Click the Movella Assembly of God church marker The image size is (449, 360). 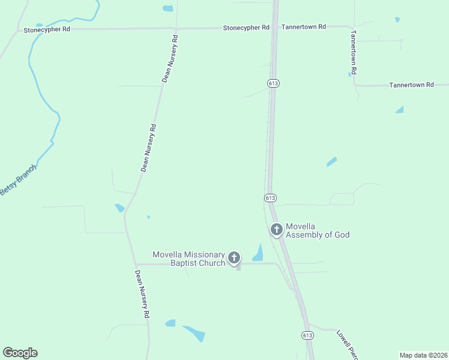277,229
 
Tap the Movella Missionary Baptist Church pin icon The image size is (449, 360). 234,258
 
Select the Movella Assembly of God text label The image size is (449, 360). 317,230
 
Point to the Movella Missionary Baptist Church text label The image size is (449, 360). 188,259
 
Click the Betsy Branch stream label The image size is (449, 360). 18,179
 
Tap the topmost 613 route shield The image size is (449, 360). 274,82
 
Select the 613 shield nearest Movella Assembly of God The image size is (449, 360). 270,197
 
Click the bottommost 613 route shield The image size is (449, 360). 307,335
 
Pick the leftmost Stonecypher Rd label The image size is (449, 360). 46,29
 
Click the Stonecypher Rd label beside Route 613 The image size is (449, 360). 246,28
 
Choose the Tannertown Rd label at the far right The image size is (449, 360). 411,85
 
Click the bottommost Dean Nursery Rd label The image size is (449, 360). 142,293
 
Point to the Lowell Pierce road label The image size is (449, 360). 347,344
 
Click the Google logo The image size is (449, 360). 20,353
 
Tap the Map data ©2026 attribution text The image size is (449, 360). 423,355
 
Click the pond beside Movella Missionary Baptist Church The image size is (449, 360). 258,254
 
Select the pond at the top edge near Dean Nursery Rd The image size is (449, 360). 167,8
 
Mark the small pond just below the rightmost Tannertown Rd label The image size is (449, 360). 400,109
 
